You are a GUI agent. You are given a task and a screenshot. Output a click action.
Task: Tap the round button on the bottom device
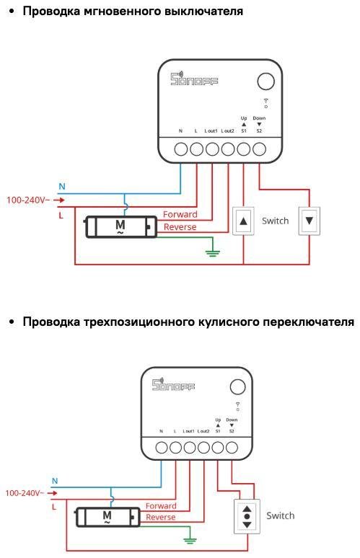(238, 386)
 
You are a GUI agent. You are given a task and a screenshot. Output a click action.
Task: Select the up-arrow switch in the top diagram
(244, 221)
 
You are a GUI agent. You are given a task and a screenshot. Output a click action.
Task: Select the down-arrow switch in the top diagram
(309, 221)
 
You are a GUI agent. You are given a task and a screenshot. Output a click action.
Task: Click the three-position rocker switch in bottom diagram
(247, 516)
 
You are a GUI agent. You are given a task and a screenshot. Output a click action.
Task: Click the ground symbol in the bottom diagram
(190, 539)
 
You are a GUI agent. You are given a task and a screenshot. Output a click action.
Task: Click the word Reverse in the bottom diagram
(160, 517)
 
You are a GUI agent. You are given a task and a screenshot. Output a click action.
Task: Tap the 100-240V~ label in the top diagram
(28, 200)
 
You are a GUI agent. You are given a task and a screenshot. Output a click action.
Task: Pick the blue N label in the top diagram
(62, 187)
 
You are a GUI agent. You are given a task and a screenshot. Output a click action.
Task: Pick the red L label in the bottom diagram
(54, 507)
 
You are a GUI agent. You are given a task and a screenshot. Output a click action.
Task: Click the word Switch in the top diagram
(275, 221)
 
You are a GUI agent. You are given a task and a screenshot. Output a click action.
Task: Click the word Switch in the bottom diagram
(281, 515)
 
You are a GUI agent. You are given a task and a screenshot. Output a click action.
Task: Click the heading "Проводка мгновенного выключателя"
(133, 12)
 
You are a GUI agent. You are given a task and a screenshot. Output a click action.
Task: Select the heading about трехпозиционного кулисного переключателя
(188, 321)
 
